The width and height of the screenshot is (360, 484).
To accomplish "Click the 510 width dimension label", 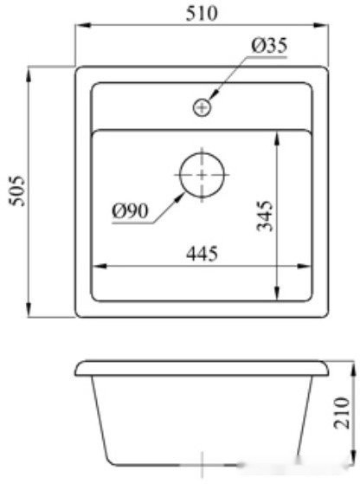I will (x=202, y=12).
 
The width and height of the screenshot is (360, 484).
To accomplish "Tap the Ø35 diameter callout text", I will (x=270, y=45).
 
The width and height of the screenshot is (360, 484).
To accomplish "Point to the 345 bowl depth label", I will (x=265, y=216).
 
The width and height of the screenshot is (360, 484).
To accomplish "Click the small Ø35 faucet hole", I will (x=202, y=107).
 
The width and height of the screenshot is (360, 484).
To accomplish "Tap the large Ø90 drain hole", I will (x=202, y=173).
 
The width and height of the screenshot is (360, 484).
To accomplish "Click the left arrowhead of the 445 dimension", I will (x=96, y=264).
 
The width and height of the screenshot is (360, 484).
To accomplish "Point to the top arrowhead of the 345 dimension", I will (x=277, y=135).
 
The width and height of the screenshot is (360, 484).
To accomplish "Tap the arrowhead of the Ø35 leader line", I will (x=211, y=98).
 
